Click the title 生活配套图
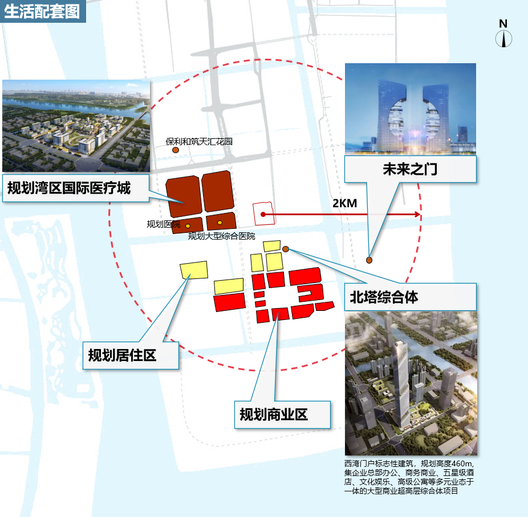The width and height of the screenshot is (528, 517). (42, 11)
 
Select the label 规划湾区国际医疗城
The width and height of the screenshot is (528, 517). (69, 187)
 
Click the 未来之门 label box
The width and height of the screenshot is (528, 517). (410, 169)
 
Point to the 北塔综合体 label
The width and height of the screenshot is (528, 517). (384, 297)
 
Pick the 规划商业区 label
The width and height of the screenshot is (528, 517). (274, 415)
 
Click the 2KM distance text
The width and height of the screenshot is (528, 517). (344, 203)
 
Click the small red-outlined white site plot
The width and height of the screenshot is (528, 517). (263, 213)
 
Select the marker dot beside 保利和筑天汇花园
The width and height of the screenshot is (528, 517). (176, 150)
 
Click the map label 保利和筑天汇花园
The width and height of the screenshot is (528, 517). (199, 141)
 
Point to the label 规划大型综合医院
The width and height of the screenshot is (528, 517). (221, 236)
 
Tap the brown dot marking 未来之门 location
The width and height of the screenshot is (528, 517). (369, 260)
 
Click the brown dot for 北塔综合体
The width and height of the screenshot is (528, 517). (286, 249)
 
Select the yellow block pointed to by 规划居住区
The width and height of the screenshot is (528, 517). (193, 270)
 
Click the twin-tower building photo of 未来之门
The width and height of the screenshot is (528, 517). (410, 108)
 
